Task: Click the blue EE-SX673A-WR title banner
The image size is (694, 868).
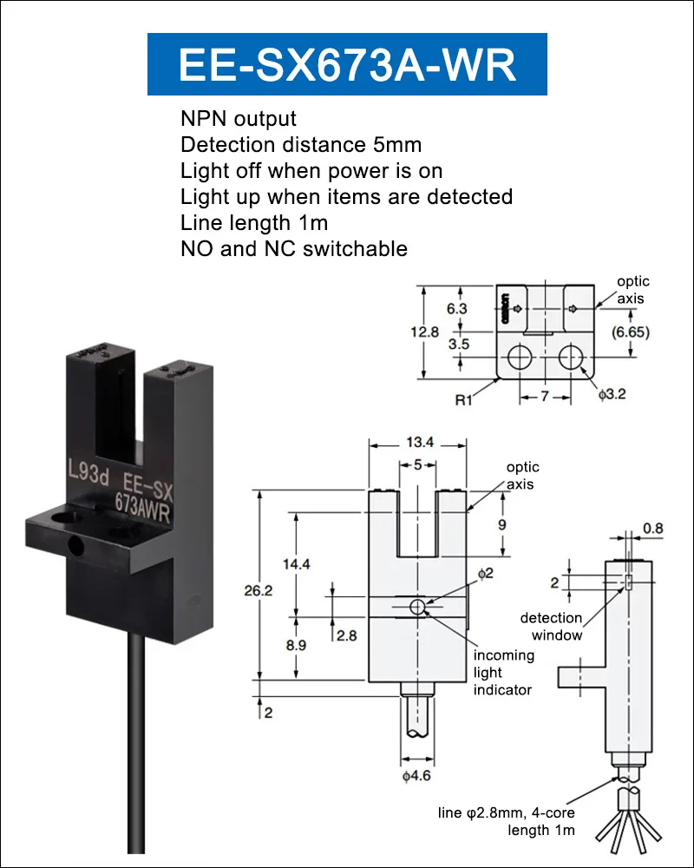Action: (x=347, y=64)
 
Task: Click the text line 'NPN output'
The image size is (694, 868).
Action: (x=239, y=118)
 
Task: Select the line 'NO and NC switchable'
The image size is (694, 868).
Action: (x=294, y=248)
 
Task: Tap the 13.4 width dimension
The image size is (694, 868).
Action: (x=420, y=443)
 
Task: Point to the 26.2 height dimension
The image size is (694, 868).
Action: (x=259, y=590)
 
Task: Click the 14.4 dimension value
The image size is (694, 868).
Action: (x=297, y=564)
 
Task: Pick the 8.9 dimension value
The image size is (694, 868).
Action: (x=296, y=645)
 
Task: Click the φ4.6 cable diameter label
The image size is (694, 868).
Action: (x=416, y=775)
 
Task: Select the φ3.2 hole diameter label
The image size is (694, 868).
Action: (x=612, y=394)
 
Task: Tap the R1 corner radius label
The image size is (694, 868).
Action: (x=464, y=399)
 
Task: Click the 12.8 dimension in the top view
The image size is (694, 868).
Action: (x=424, y=332)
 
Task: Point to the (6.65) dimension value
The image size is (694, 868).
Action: (x=631, y=332)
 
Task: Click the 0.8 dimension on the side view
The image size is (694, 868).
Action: (x=653, y=528)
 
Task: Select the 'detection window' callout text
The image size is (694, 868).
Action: (x=552, y=626)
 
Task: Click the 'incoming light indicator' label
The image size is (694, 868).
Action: (x=504, y=672)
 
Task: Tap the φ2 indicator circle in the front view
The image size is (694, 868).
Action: (x=418, y=608)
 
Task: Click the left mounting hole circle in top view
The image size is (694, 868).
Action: (x=519, y=357)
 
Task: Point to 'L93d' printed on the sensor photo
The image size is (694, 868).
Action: (x=88, y=472)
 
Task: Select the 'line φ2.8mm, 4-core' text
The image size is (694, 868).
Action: (x=507, y=812)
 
